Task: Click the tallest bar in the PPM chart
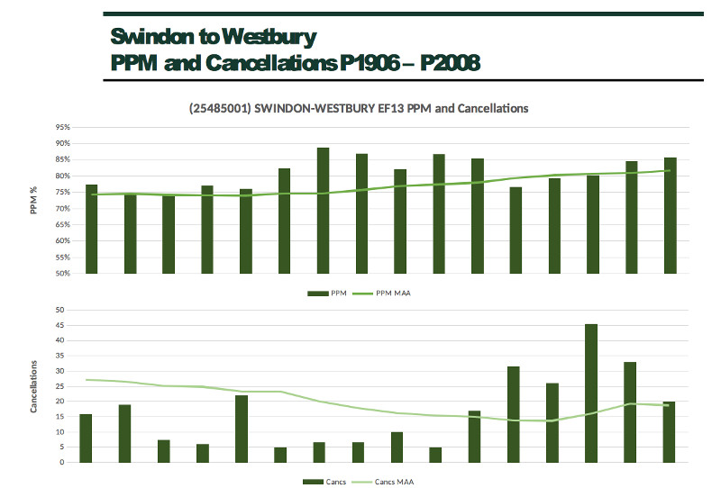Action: [323, 211]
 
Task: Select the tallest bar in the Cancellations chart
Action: [591, 393]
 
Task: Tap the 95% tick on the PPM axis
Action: [62, 127]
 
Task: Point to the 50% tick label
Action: [62, 273]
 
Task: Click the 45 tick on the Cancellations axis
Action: [60, 325]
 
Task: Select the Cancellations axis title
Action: [34, 386]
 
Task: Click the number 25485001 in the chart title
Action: [221, 108]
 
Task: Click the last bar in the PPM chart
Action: [671, 215]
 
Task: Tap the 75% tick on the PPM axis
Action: [62, 192]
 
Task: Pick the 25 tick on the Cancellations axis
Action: [60, 386]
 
